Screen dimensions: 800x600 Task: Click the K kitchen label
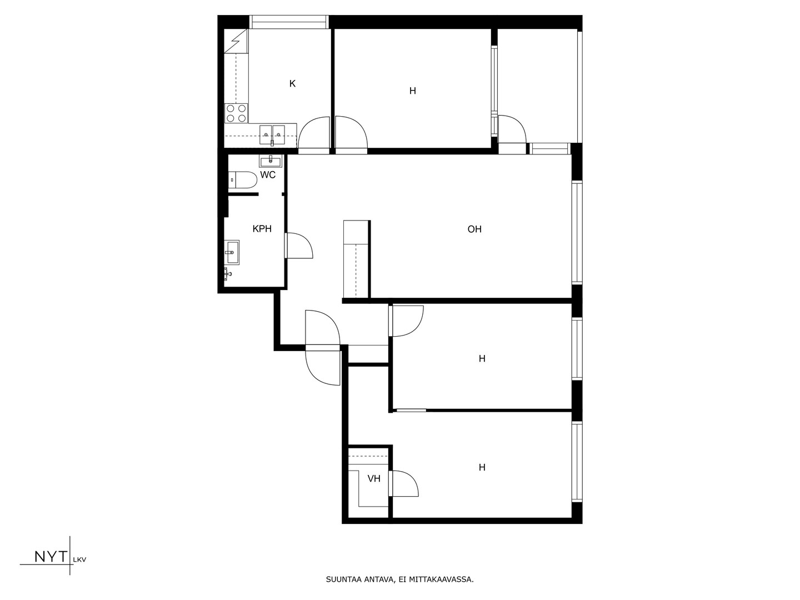tap(292, 84)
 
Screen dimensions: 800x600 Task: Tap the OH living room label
tap(474, 229)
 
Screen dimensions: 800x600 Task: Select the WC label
tap(268, 175)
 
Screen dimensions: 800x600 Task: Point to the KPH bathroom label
tap(262, 229)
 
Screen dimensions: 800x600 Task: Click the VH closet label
tap(374, 479)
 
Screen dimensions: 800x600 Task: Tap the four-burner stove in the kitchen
tap(236, 113)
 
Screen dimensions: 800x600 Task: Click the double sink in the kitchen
tap(272, 134)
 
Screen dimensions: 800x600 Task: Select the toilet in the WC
tap(238, 179)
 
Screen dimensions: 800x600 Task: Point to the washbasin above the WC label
tap(271, 161)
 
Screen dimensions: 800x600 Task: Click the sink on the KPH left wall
tap(232, 252)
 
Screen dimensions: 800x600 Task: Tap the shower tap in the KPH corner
tap(227, 273)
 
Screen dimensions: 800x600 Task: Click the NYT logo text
tap(51, 557)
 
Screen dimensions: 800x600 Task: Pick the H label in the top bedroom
tap(413, 91)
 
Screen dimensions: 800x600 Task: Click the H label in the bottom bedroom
tap(482, 467)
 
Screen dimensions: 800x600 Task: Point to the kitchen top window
tap(289, 22)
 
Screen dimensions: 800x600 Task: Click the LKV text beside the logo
tap(80, 560)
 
